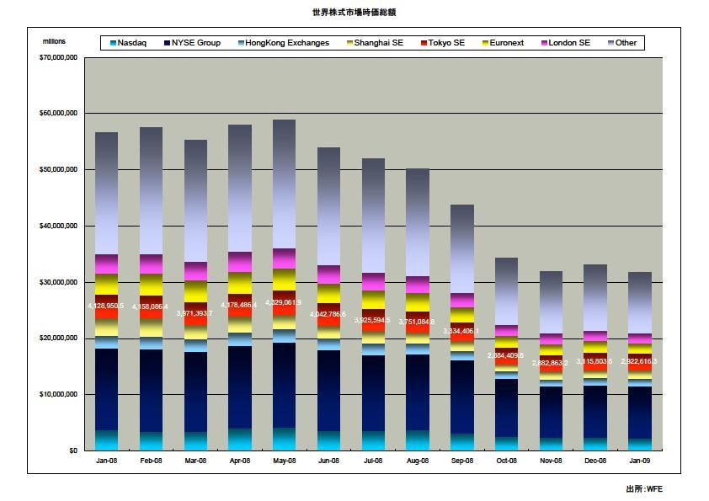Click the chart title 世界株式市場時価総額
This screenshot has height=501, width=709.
[354, 13]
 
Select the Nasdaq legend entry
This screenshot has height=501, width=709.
[131, 43]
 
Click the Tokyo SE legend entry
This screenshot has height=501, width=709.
[446, 43]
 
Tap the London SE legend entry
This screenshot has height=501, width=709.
[568, 43]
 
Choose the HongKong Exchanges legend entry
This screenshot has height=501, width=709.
[287, 43]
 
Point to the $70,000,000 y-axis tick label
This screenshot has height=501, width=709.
[59, 58]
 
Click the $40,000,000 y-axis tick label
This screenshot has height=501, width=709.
[59, 226]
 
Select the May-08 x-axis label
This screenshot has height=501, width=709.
[284, 461]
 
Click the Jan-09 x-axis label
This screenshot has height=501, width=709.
[640, 461]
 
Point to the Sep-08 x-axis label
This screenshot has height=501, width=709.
[462, 461]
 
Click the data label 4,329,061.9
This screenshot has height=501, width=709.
[284, 302]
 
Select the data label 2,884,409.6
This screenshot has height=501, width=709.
[507, 355]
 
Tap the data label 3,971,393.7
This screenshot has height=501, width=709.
[195, 313]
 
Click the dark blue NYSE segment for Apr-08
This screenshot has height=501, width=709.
[239, 387]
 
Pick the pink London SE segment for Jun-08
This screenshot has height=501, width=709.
[328, 274]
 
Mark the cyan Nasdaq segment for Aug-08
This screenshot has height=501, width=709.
[418, 440]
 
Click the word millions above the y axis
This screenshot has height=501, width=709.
[54, 41]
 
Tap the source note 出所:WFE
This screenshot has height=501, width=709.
[644, 489]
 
